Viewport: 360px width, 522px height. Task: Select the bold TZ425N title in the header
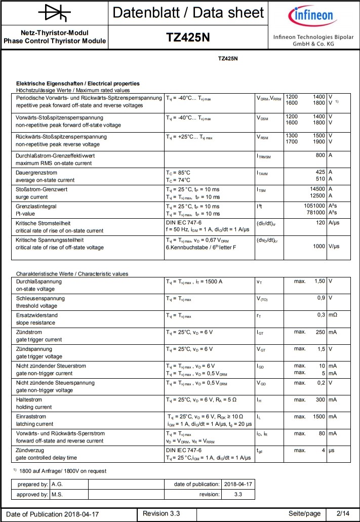188,37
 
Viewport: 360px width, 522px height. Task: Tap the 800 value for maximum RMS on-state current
320,155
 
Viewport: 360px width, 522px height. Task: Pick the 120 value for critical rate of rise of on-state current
320,223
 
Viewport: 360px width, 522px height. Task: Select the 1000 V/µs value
318,246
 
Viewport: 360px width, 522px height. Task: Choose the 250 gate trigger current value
319,332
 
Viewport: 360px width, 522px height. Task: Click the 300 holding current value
319,399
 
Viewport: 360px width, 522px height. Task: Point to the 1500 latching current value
318,417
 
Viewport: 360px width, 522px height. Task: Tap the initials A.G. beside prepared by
57,484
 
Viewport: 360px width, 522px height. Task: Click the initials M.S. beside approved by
57,494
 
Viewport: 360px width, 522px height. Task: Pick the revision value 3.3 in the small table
238,494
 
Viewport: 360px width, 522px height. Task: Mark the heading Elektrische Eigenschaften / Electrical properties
78,84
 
